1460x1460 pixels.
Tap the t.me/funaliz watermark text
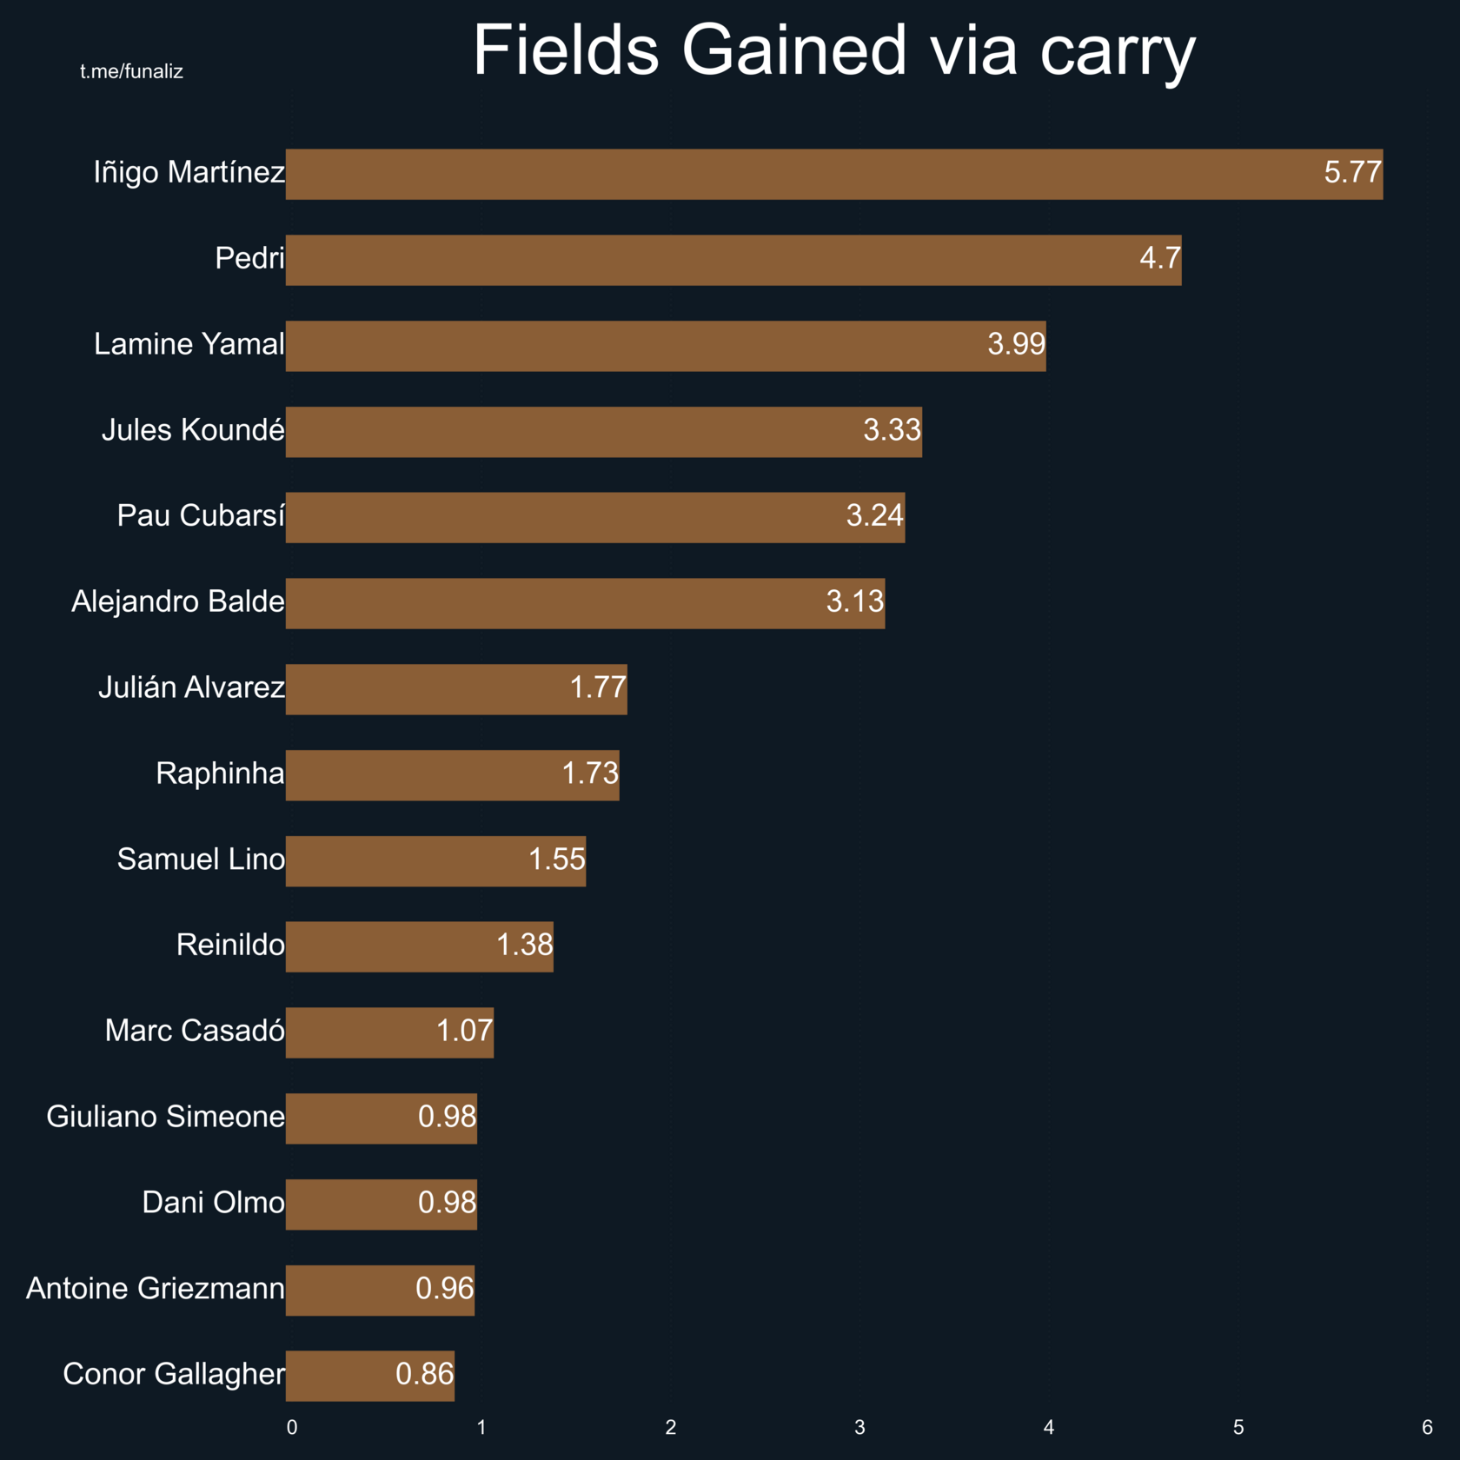[x=131, y=71]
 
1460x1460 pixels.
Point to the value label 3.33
[x=892, y=430]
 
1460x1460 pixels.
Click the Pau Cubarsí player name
[x=201, y=515]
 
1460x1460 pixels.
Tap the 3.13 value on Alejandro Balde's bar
[x=854, y=601]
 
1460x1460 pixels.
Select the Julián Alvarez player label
[x=191, y=687]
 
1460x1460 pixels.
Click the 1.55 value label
[x=557, y=859]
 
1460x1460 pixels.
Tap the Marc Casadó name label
[x=195, y=1031]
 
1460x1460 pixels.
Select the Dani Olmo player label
[x=213, y=1203]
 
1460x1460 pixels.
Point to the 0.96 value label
[x=445, y=1289]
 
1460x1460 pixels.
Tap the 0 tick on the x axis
[x=292, y=1427]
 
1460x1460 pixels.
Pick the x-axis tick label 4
[x=1049, y=1427]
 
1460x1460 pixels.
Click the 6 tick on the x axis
[x=1427, y=1427]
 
